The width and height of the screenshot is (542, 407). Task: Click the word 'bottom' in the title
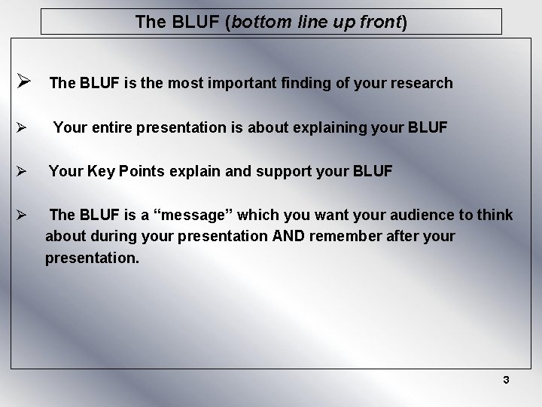tap(260, 23)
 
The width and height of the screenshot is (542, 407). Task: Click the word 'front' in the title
tap(379, 23)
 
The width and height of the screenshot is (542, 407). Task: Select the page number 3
tap(506, 380)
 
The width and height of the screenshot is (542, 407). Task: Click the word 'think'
tap(496, 216)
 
